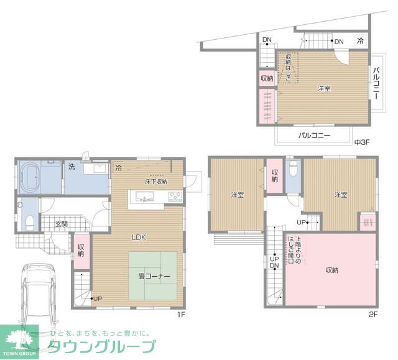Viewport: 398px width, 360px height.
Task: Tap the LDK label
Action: point(139,237)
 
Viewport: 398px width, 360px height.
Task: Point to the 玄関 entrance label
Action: point(60,224)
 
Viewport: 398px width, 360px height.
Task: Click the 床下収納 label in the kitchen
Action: point(155,182)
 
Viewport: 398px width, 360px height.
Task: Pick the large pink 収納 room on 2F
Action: point(331,270)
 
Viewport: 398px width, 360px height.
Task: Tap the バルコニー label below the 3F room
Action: point(313,135)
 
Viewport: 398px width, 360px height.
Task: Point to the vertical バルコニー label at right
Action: point(377,83)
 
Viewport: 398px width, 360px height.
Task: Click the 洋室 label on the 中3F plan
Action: point(324,88)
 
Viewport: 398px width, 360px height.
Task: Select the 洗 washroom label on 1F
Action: point(72,167)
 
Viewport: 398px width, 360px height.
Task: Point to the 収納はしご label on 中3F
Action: point(288,67)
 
